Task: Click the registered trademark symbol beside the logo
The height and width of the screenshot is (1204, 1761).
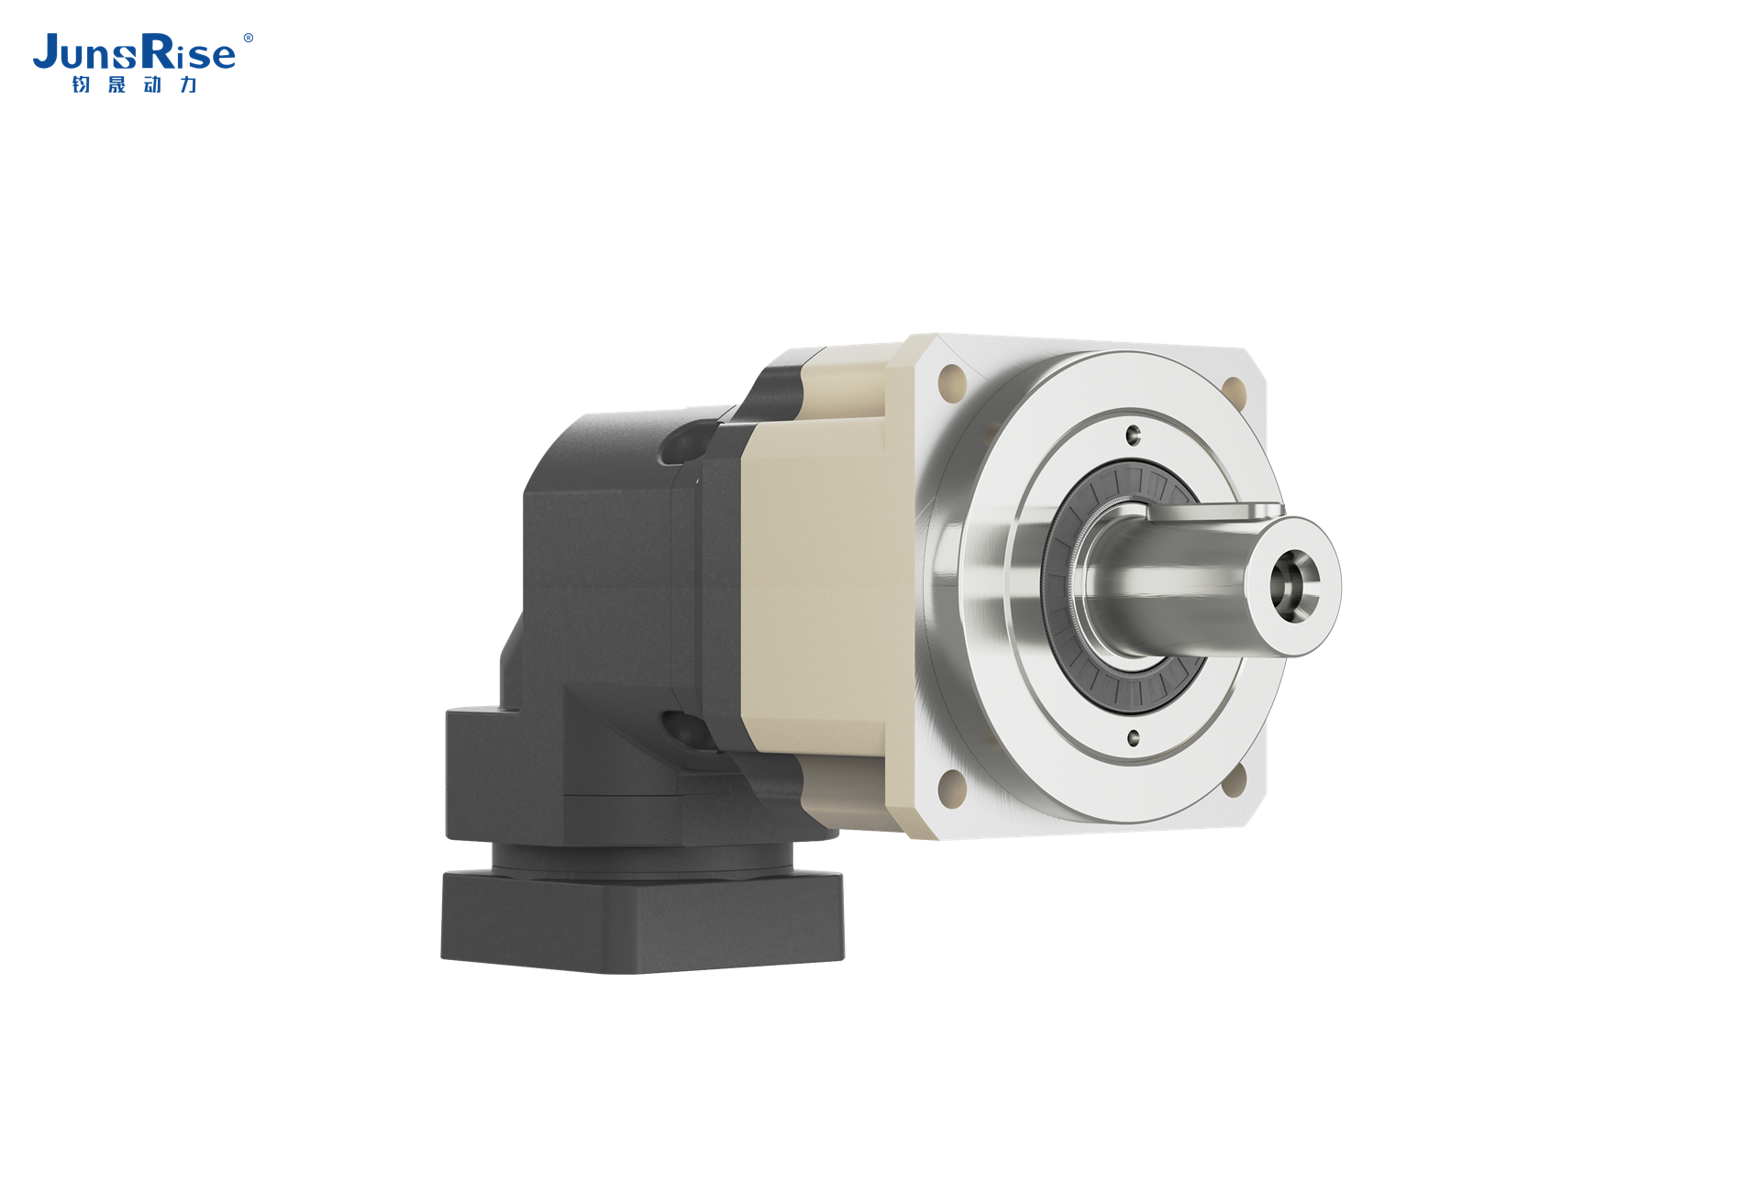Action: click(248, 39)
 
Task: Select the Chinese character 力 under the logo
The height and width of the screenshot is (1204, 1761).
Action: click(188, 84)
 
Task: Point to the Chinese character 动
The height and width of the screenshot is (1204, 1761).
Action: click(152, 84)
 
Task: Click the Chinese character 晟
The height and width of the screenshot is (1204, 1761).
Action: click(116, 84)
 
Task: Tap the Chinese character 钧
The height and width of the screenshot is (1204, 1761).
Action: click(81, 84)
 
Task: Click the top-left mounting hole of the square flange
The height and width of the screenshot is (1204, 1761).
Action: click(953, 378)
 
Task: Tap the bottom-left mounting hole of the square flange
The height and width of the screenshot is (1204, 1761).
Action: click(953, 786)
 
